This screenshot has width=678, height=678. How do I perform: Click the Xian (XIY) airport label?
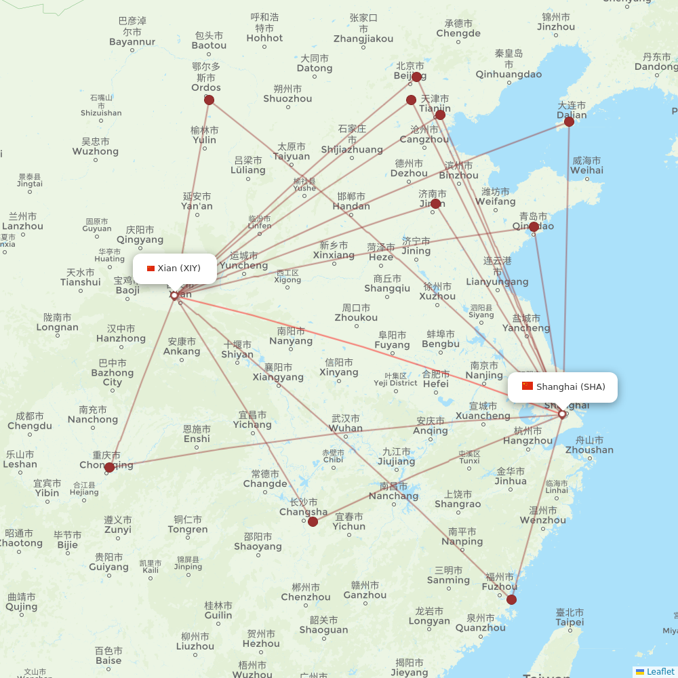pyautogui.click(x=175, y=268)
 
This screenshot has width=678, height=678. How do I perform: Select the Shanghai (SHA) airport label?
pyautogui.click(x=563, y=387)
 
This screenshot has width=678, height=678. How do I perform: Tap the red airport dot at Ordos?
pyautogui.click(x=209, y=100)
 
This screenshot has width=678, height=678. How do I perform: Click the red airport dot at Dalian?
pyautogui.click(x=570, y=121)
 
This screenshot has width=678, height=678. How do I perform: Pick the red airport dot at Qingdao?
pyautogui.click(x=534, y=226)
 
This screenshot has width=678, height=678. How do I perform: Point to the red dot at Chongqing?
pyautogui.click(x=109, y=467)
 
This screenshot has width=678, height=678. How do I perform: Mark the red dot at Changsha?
pyautogui.click(x=313, y=521)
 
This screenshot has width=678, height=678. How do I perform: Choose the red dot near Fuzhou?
pyautogui.click(x=511, y=599)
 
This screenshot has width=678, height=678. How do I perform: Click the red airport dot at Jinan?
pyautogui.click(x=435, y=203)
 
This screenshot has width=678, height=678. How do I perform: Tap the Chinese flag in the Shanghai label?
pyautogui.click(x=527, y=386)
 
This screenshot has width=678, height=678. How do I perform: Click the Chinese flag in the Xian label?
pyautogui.click(x=151, y=268)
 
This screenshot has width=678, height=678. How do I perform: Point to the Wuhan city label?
pyautogui.click(x=346, y=428)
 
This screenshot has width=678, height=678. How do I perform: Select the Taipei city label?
pyautogui.click(x=570, y=622)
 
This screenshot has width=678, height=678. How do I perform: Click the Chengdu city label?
pyautogui.click(x=30, y=426)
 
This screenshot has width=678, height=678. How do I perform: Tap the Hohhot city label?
pyautogui.click(x=264, y=38)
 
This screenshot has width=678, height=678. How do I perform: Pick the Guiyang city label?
pyautogui.click(x=108, y=567)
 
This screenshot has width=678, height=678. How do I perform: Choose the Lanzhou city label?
pyautogui.click(x=23, y=226)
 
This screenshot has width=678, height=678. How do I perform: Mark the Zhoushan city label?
pyautogui.click(x=589, y=450)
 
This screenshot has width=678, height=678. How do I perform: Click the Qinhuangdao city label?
pyautogui.click(x=509, y=74)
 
